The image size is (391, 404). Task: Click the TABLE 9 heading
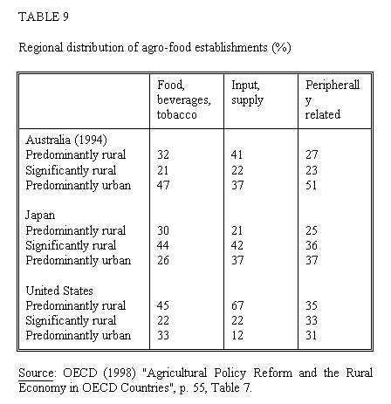point(44,17)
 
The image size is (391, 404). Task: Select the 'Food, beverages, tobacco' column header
point(184,99)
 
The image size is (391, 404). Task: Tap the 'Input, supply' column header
point(247,92)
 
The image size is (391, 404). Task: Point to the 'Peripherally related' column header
point(333,99)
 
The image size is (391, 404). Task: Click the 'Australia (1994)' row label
point(66,140)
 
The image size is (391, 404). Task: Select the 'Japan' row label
point(40,216)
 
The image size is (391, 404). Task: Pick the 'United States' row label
point(59,291)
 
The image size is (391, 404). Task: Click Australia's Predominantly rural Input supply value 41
point(237,154)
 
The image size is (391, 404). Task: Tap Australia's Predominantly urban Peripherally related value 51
point(311,185)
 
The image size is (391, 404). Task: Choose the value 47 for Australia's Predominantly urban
point(163,185)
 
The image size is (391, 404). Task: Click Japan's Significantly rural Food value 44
point(163,245)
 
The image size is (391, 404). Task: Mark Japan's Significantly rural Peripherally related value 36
point(312,245)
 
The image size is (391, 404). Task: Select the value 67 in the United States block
point(237,305)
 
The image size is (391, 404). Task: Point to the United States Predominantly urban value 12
point(237,335)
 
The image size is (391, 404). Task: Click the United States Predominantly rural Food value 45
point(163,305)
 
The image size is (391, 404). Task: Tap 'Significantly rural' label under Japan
point(71,246)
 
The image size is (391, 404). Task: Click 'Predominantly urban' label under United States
point(79,335)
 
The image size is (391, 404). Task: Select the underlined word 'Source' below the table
point(36,373)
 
